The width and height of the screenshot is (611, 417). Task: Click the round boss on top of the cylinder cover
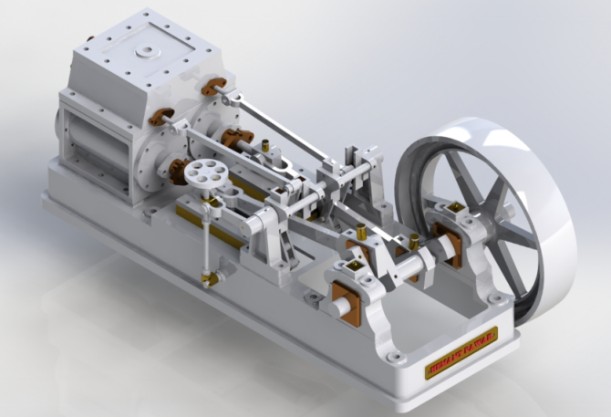[x=146, y=52]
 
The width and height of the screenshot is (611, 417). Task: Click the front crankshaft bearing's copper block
[x=345, y=303]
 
